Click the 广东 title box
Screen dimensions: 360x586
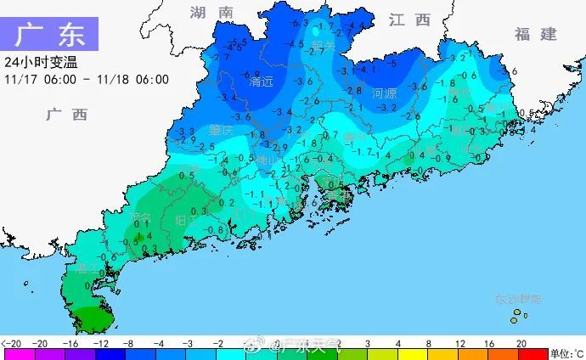[49, 35]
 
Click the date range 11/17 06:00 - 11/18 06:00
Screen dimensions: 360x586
[86, 79]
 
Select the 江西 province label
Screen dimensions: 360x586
[409, 20]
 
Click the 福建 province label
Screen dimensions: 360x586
[535, 35]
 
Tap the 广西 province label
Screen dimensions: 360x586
[66, 115]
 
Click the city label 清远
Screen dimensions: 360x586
[261, 83]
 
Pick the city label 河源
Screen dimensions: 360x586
[386, 93]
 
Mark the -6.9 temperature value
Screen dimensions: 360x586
[252, 75]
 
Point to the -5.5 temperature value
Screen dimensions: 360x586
[238, 42]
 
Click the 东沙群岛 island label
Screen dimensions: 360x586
[518, 300]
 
